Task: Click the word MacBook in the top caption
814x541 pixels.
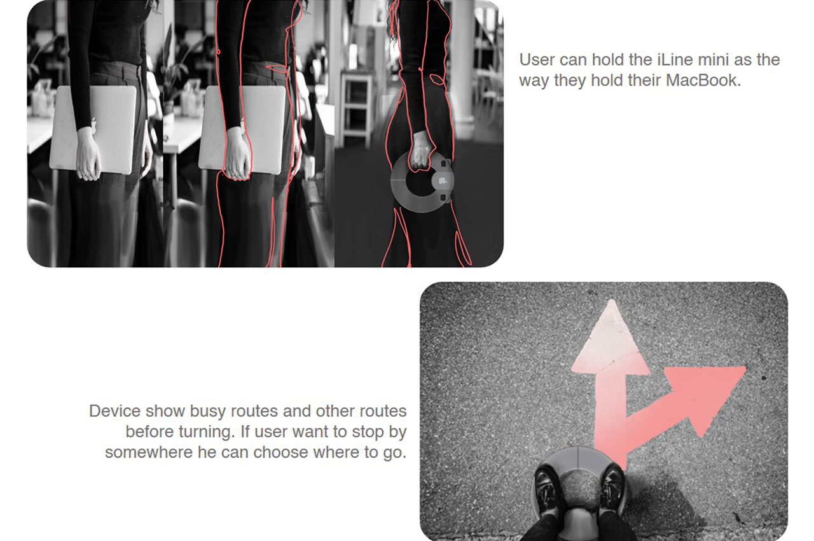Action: click(x=703, y=80)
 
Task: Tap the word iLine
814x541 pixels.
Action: click(x=673, y=60)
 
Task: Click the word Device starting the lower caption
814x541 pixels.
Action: click(x=115, y=411)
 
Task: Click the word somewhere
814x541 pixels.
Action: click(x=149, y=453)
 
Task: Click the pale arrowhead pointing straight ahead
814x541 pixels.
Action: click(x=610, y=340)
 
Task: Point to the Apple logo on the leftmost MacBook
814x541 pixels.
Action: click(x=93, y=124)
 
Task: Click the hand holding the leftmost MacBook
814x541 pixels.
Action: click(x=88, y=154)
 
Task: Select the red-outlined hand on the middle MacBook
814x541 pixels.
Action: click(x=238, y=154)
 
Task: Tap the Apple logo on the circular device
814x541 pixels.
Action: click(x=442, y=180)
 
